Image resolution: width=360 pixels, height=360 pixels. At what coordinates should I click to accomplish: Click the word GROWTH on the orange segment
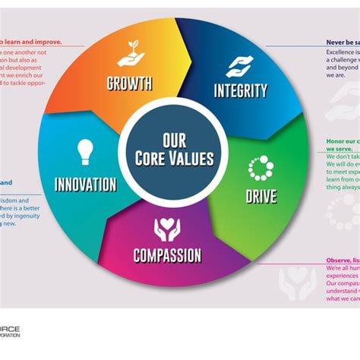coord(129,83)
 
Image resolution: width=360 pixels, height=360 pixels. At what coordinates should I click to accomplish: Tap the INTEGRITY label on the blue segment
coord(240,91)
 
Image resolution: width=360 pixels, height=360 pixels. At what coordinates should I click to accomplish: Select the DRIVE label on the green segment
coord(260,197)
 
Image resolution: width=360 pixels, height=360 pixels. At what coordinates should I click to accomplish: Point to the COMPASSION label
coord(167,255)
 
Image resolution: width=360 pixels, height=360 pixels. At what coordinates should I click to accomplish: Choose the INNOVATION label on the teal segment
coord(85,184)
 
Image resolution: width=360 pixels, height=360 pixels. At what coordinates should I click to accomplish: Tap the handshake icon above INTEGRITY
coord(239,65)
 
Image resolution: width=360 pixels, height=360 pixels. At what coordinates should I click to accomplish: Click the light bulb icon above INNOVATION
coord(85,153)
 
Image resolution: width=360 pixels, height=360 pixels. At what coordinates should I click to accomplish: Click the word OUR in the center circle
coord(175,141)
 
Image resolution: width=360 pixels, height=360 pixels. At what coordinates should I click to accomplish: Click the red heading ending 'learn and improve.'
coord(30,43)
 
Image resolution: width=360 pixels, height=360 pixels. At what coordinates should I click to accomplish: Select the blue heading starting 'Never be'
coord(342,43)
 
